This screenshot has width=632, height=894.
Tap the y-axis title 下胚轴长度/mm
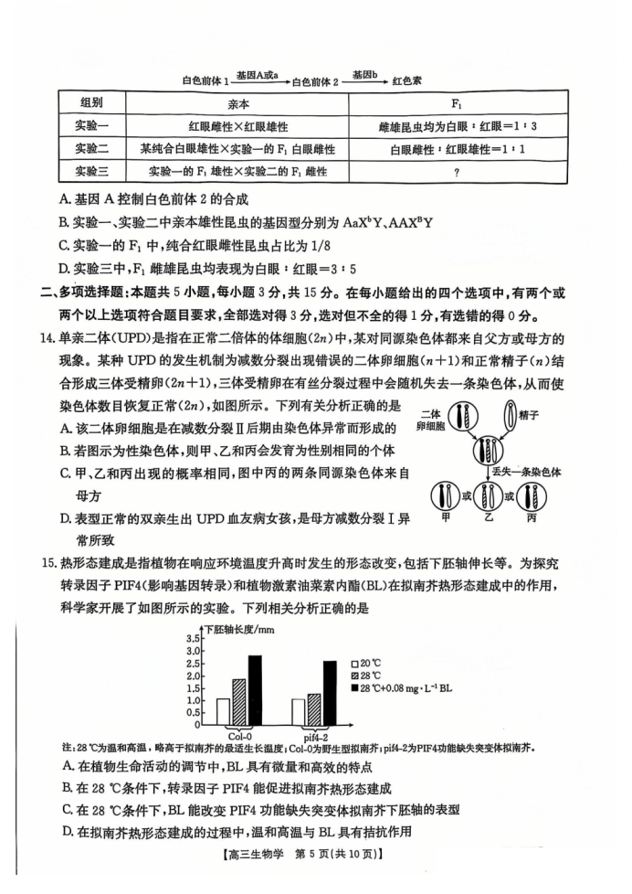coord(239,630)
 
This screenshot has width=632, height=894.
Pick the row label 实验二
coord(92,148)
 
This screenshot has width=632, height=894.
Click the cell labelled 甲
coord(448,499)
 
